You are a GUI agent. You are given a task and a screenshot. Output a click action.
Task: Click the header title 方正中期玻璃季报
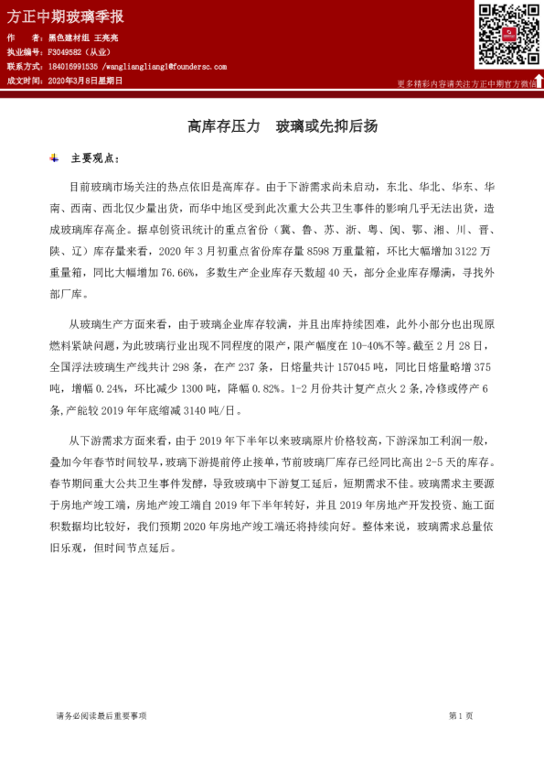point(65,16)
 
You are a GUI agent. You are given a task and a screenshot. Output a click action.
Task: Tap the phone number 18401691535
point(72,67)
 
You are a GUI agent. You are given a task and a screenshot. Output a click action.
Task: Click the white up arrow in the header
point(539,81)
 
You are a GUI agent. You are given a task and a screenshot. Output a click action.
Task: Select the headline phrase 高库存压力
point(224,125)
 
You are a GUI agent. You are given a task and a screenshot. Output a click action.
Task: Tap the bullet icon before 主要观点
point(55,158)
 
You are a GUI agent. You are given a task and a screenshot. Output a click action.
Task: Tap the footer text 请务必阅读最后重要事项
point(101,716)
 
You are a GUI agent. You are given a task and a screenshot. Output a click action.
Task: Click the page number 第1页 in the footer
point(460,716)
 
